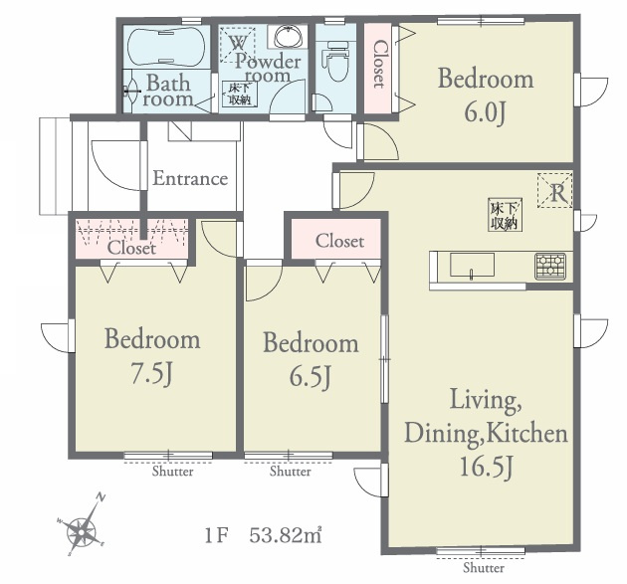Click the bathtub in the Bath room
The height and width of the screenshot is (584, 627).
pos(166,46)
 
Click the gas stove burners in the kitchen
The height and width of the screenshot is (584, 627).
pos(550,267)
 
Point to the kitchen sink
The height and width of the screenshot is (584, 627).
pos(472,265)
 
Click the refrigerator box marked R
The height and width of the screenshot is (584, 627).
pos(554,190)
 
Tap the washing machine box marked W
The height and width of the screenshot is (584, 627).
pos(238,45)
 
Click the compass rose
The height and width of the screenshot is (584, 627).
pos(82,527)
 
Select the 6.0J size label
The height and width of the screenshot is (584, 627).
pos(485,113)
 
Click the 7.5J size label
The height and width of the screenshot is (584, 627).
pos(152,375)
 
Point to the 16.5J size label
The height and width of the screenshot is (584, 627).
pos(486,467)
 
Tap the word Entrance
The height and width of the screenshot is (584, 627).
pos(190,178)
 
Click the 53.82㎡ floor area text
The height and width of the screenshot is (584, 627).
pos(286,535)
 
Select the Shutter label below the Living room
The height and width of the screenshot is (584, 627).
pos(484,568)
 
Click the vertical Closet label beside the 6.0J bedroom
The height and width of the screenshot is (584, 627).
pos(379,64)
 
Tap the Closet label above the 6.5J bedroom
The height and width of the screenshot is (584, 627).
pos(339,241)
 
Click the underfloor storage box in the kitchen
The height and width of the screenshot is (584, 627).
pos(505,216)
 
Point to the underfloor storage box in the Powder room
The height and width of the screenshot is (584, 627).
pos(240,94)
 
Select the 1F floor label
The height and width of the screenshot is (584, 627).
pos(216,535)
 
